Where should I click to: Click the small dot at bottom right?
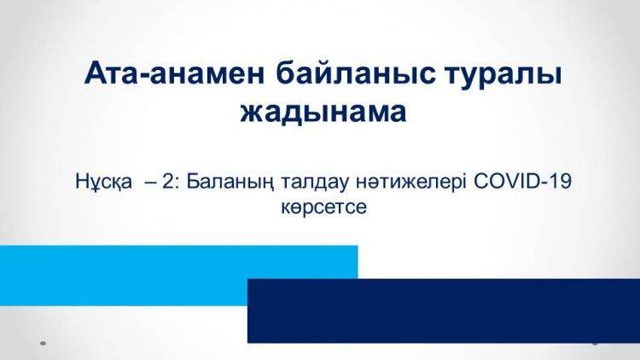(x=595, y=341)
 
